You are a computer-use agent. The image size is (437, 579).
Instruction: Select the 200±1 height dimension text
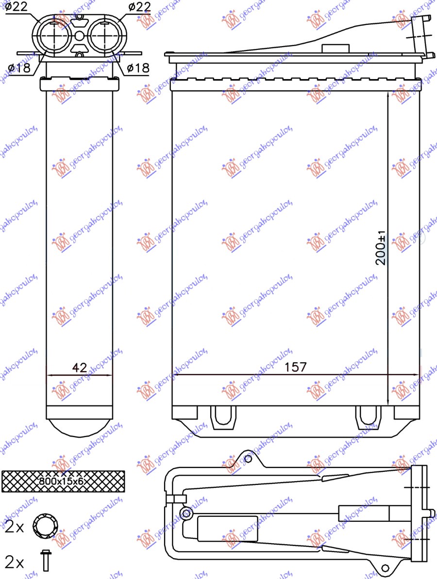pyautogui.click(x=382, y=247)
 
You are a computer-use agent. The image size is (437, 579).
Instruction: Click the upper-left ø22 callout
pyautogui.click(x=17, y=6)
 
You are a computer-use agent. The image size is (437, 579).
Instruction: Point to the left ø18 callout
pyautogui.click(x=19, y=68)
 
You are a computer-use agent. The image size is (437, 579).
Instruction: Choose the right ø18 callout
pyautogui.click(x=138, y=68)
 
